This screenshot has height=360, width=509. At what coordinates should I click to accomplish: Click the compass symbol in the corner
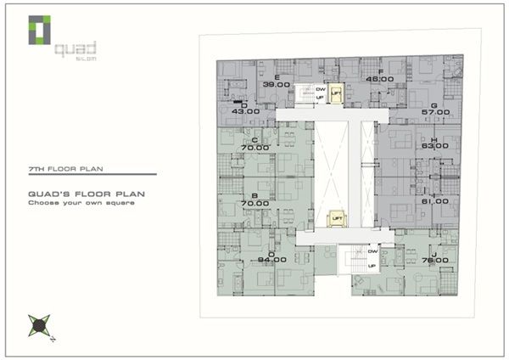[x=38, y=324]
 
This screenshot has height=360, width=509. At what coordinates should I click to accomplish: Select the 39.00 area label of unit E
[x=276, y=85]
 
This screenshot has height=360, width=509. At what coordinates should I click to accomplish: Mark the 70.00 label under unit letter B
[x=255, y=204]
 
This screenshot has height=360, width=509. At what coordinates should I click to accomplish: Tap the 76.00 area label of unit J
[x=434, y=261]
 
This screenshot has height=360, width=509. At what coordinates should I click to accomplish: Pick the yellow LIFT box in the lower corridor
[x=337, y=218]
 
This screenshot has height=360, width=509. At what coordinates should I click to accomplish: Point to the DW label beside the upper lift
[x=321, y=89]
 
